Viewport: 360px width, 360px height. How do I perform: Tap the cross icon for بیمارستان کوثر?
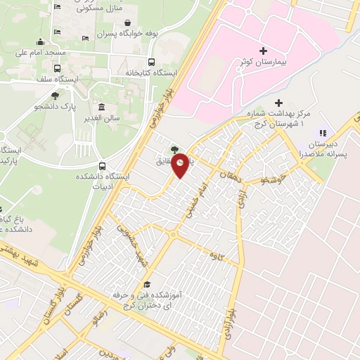264,51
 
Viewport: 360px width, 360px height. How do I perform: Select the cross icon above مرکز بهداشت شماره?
279,103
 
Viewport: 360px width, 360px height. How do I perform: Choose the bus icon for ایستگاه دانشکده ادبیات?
103,167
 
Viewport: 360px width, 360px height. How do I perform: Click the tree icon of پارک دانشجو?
55,95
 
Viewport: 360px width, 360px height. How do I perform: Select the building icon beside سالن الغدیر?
102,108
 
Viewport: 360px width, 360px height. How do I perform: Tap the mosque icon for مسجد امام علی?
41,42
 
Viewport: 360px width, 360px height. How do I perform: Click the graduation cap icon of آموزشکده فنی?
146,285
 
